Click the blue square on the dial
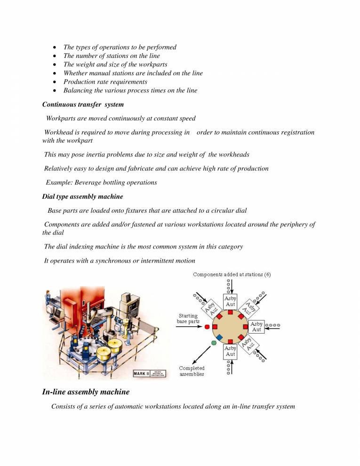(x=220, y=337)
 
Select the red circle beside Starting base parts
(x=207, y=326)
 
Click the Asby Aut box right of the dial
(x=256, y=326)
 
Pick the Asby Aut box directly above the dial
(x=230, y=301)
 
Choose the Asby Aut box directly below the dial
(x=230, y=351)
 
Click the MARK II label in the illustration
(x=143, y=373)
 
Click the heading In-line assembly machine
(x=86, y=392)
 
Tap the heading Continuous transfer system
(x=83, y=104)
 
